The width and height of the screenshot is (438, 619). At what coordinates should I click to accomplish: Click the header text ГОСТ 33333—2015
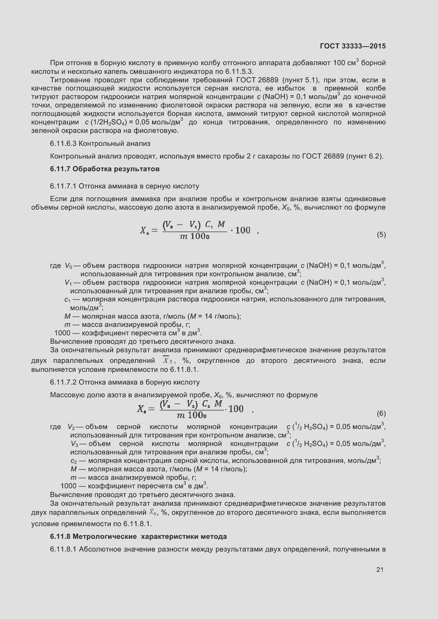352,46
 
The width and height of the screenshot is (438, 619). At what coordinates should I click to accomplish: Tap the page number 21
380,570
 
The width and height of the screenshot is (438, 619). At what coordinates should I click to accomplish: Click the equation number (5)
381,234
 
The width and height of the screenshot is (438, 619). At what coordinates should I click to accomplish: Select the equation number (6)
381,413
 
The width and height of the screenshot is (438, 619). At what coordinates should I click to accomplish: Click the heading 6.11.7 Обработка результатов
105,169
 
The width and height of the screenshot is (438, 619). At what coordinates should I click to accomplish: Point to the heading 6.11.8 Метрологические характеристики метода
138,536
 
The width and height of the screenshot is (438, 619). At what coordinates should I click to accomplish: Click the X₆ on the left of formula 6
142,409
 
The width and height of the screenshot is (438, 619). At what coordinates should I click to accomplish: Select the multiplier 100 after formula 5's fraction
242,230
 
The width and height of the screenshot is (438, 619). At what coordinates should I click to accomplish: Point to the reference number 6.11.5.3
239,71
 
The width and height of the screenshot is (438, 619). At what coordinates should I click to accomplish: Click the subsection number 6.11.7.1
63,186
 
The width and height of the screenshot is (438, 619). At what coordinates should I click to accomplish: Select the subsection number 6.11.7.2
63,382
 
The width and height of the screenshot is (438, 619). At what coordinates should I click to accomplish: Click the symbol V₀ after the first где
68,266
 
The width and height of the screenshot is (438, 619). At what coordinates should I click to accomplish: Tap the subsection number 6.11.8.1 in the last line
63,549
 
